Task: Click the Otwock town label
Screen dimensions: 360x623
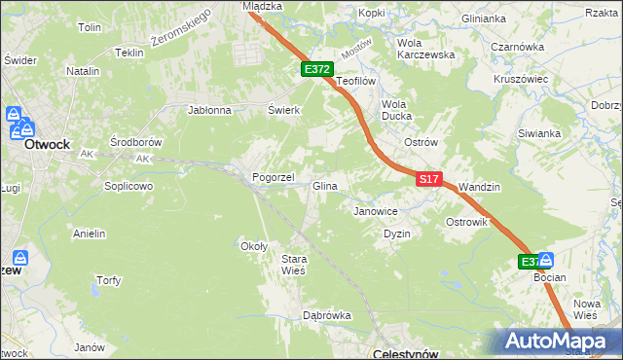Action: pyautogui.click(x=47, y=143)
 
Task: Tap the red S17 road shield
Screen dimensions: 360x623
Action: pyautogui.click(x=430, y=179)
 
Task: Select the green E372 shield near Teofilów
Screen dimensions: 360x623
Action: pyautogui.click(x=317, y=70)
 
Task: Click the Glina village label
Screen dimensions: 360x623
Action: pyautogui.click(x=324, y=186)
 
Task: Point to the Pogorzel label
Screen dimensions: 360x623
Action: pyautogui.click(x=273, y=178)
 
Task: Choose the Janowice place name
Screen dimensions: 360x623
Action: pyautogui.click(x=376, y=210)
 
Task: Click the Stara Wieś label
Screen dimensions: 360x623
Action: pyautogui.click(x=293, y=265)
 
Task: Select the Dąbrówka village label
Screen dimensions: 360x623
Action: pyautogui.click(x=326, y=315)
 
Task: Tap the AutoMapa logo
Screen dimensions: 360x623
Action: pyautogui.click(x=557, y=342)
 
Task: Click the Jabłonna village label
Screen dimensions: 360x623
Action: pyautogui.click(x=209, y=110)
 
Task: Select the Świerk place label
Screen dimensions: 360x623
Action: pyautogui.click(x=283, y=110)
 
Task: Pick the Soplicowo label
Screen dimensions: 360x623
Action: pyautogui.click(x=129, y=185)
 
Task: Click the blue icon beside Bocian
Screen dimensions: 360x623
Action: pyautogui.click(x=546, y=261)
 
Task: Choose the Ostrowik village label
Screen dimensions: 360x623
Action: pyautogui.click(x=467, y=223)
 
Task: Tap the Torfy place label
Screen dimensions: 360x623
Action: pyautogui.click(x=108, y=280)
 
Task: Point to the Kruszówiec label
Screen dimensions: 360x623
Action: pyautogui.click(x=522, y=79)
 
